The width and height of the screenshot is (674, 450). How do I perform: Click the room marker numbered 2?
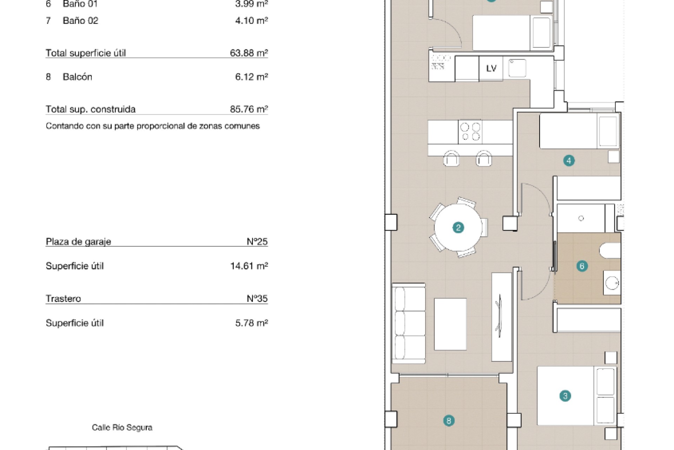(x=458, y=227)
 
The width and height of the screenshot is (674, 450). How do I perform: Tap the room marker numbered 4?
(x=569, y=161)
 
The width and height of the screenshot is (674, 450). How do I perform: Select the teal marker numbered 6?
(x=582, y=266)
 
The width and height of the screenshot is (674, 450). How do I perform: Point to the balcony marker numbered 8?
(x=449, y=420)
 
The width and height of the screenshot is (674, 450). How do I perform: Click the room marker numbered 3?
(x=565, y=396)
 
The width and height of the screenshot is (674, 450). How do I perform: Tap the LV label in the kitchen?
(x=491, y=68)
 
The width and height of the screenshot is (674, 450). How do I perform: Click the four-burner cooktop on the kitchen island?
(x=470, y=131)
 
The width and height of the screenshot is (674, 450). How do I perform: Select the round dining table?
(x=458, y=227)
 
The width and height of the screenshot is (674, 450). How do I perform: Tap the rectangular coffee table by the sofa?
(x=450, y=324)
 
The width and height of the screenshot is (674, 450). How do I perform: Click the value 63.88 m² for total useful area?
(x=249, y=53)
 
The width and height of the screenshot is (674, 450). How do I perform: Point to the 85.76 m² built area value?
(x=249, y=109)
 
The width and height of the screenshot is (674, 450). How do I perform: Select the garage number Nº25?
(x=257, y=242)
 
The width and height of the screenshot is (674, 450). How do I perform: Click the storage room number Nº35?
(x=257, y=298)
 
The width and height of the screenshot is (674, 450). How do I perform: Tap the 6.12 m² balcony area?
(x=251, y=77)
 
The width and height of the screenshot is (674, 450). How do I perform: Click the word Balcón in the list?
(x=77, y=77)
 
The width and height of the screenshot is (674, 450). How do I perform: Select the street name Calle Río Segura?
(x=122, y=427)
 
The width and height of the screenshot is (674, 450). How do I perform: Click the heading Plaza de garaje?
(x=78, y=242)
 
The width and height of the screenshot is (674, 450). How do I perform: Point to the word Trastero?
(x=63, y=298)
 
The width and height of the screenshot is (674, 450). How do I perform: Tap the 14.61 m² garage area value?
(x=249, y=266)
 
